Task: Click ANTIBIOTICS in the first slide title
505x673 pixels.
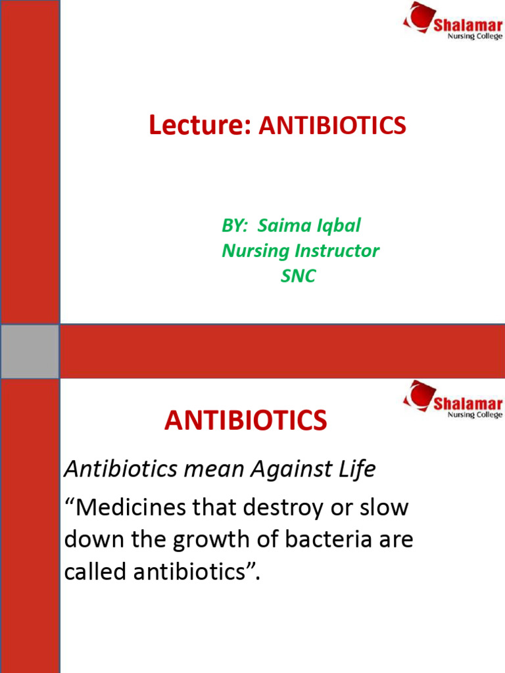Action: [x=332, y=126]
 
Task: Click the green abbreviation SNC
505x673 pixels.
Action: [x=298, y=276]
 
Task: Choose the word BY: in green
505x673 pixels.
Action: [x=235, y=226]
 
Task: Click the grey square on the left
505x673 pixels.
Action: [x=30, y=351]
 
